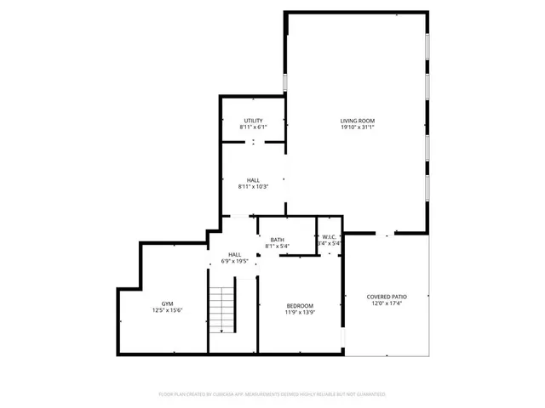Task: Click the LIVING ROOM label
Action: click(357, 121)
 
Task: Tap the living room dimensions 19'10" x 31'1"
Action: click(357, 127)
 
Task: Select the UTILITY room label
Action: click(253, 121)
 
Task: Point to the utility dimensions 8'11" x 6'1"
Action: click(253, 127)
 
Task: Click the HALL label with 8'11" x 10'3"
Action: click(253, 180)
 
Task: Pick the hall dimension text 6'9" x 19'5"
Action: click(234, 261)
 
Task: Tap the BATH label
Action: click(278, 240)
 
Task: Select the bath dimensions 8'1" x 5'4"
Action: click(278, 246)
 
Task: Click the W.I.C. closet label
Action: click(330, 237)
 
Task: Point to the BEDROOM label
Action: click(300, 306)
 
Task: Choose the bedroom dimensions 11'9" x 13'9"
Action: click(300, 313)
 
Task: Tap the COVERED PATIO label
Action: click(387, 297)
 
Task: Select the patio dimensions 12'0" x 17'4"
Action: click(387, 303)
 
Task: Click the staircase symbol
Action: click(221, 310)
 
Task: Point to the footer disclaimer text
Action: click(272, 394)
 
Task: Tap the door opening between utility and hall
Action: click(253, 143)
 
